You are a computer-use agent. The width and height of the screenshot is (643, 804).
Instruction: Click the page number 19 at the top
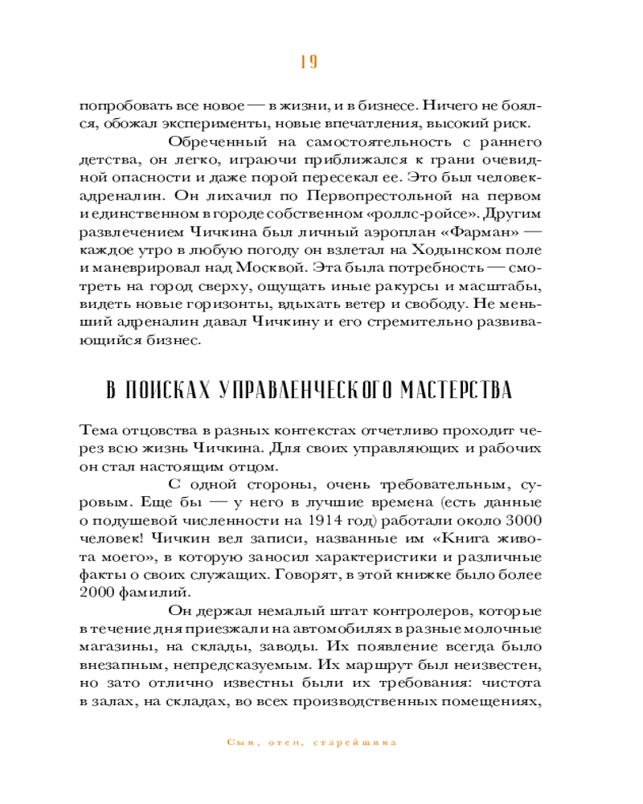pyautogui.click(x=309, y=63)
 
